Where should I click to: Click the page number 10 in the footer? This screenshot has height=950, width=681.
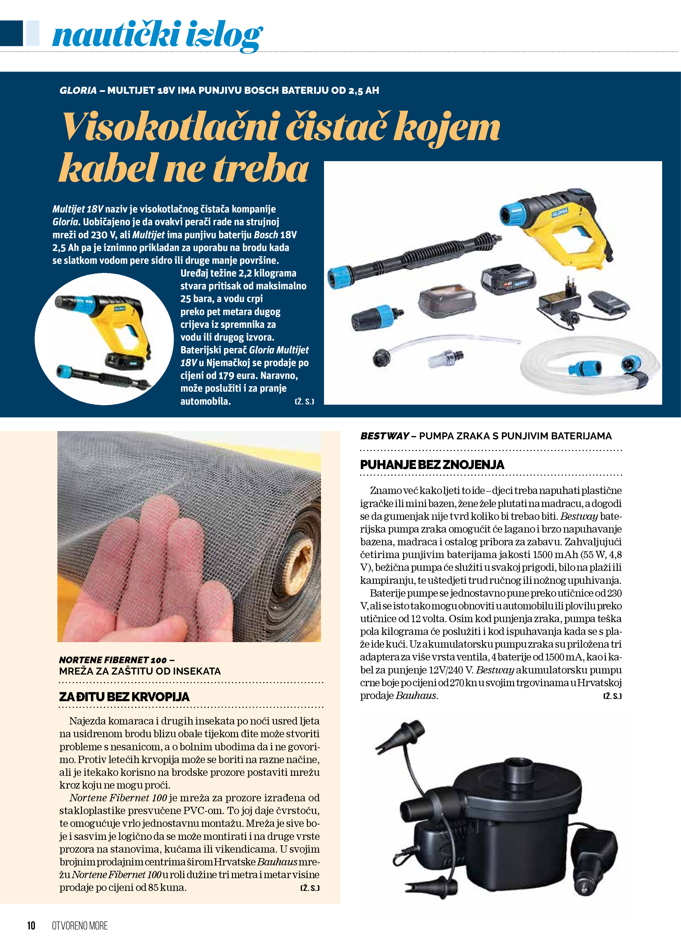tap(31, 925)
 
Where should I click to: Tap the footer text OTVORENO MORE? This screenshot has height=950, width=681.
tap(80, 925)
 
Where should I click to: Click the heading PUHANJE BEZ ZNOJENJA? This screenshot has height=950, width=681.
tap(432, 465)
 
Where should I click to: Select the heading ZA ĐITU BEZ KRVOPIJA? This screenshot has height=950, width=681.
tap(124, 696)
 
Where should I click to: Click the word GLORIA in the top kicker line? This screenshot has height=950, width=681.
tap(78, 90)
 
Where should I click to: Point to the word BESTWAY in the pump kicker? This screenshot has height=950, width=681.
tap(384, 436)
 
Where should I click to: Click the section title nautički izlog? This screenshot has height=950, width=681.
tap(157, 35)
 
